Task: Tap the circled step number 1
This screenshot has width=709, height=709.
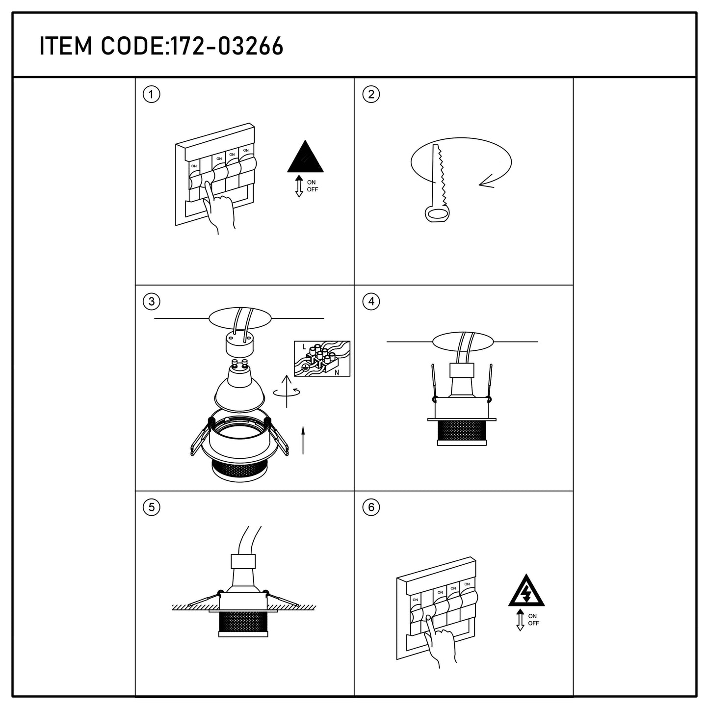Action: pos(151,95)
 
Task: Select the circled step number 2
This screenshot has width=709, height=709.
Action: pos(371,95)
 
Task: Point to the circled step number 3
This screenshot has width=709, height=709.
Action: pos(151,302)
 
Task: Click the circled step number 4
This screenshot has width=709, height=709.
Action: pos(371,302)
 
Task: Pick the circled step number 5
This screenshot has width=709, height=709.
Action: pos(151,507)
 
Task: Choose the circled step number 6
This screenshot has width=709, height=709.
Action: pos(371,507)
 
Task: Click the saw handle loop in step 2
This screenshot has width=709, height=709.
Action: pos(438,214)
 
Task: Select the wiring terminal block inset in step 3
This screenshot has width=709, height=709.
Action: pos(322,358)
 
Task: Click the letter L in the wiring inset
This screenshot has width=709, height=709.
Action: pos(304,347)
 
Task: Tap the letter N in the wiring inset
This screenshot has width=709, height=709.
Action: pos(337,372)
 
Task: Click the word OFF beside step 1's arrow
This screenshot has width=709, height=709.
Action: pos(313,189)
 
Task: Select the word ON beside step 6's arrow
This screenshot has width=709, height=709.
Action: pos(532,616)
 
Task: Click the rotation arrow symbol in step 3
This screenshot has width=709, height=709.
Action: pos(287,392)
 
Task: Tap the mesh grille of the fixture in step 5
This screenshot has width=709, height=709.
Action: pos(243,622)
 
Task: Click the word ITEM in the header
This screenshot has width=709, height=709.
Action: pos(65,46)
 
